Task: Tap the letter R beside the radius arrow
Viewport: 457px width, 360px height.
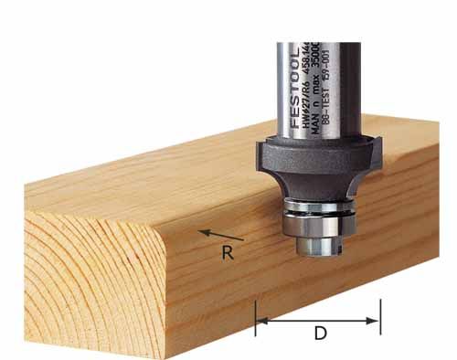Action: coord(228,254)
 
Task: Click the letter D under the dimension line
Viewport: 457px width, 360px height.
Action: coord(320,334)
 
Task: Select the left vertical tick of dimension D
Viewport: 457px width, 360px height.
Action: coord(255,316)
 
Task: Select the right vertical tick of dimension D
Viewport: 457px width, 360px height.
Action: coord(380,316)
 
